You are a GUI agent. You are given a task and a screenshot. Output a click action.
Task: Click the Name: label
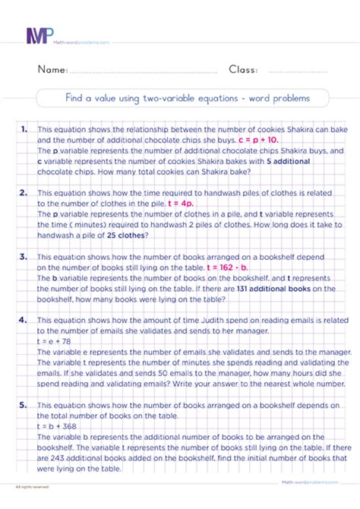(52, 70)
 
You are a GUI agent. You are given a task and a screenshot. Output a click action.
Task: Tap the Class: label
(243, 70)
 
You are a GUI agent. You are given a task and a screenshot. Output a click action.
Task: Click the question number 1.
(26, 130)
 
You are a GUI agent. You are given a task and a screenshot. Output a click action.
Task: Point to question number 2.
(26, 194)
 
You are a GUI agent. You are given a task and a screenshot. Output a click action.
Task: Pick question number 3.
(26, 258)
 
